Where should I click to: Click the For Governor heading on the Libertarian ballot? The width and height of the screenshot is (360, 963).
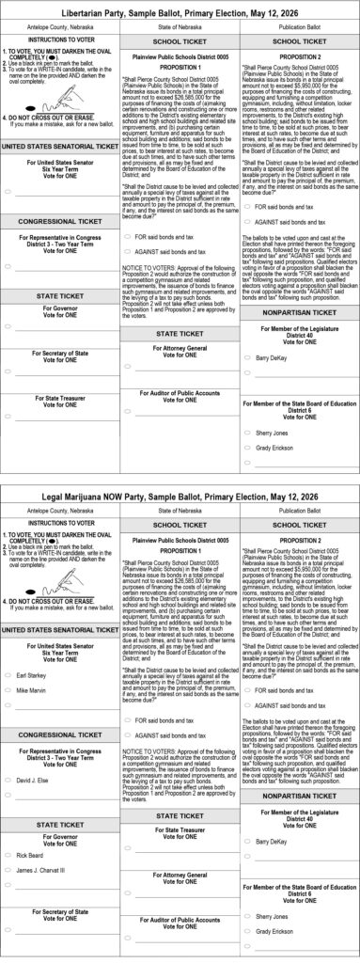coord(60,308)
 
